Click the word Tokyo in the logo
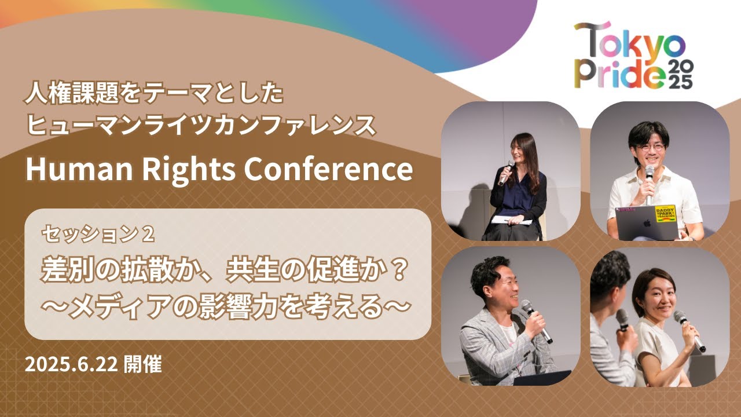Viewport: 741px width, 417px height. click(629, 41)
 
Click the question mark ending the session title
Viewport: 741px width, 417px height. click(395, 270)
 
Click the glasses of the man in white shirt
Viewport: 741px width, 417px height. click(648, 148)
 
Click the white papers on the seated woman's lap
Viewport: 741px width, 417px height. click(511, 220)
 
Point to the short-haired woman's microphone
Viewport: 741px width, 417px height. click(689, 331)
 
